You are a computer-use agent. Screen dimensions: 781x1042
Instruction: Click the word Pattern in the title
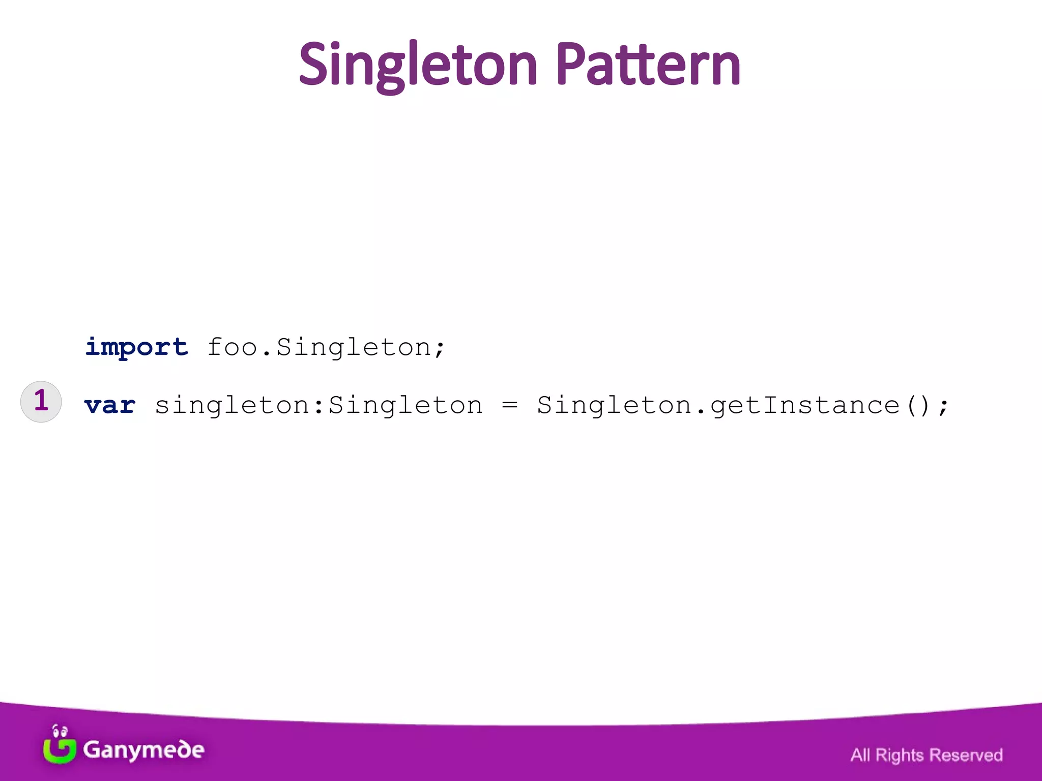(x=648, y=65)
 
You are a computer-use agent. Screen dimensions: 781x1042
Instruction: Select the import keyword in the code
(x=136, y=348)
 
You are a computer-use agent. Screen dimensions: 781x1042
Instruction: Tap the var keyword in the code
(x=110, y=405)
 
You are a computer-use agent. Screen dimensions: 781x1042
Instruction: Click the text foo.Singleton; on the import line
(x=326, y=348)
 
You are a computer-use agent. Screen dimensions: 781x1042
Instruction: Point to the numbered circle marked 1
(x=41, y=401)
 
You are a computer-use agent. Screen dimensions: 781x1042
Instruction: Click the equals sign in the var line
(x=509, y=405)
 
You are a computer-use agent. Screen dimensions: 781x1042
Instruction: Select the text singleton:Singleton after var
(x=319, y=405)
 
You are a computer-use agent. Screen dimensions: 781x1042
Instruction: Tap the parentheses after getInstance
(x=918, y=406)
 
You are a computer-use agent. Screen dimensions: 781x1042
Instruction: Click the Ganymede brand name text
(x=143, y=750)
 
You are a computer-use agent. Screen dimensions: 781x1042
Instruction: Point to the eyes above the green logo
(x=60, y=732)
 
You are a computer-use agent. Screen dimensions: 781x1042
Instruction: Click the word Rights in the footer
(x=899, y=755)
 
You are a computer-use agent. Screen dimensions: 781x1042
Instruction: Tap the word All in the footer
(x=860, y=755)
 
